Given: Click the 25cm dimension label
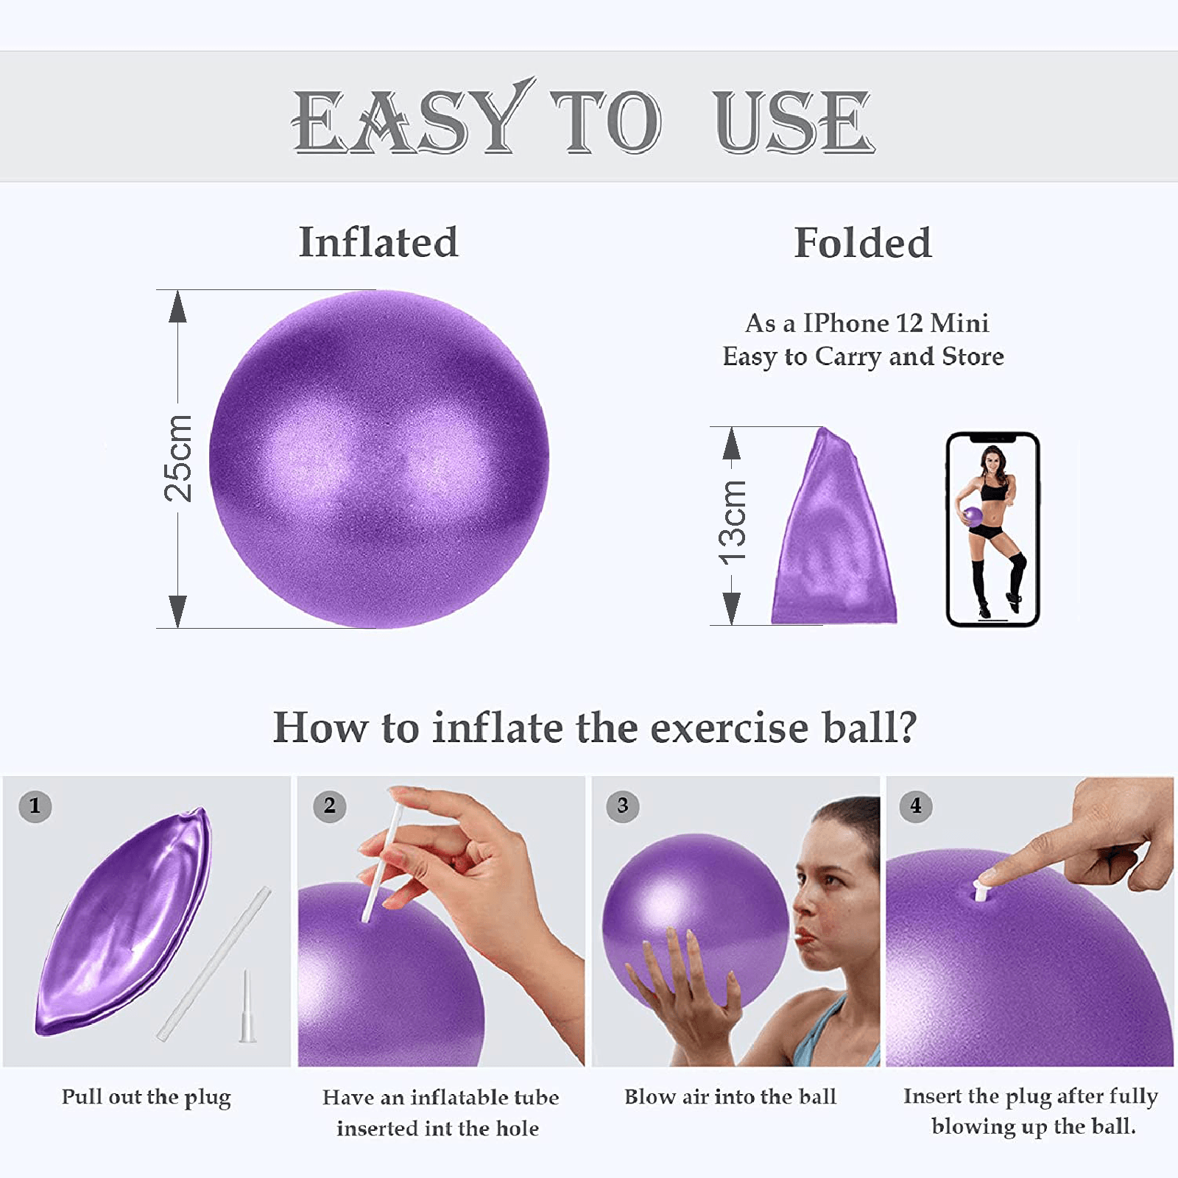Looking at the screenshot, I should [178, 459].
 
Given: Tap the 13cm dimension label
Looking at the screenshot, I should [733, 523].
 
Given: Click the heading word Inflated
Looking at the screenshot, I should [378, 242].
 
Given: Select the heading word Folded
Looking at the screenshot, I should [863, 243].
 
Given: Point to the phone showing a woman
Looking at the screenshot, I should [992, 529].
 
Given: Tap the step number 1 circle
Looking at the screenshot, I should [35, 805].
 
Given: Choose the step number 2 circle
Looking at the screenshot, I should [329, 805].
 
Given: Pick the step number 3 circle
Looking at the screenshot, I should [623, 805].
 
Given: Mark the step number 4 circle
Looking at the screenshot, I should [916, 805].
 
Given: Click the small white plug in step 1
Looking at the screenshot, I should [247, 1009].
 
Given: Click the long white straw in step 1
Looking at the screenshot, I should [214, 964].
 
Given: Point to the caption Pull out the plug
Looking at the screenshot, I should [146, 1097].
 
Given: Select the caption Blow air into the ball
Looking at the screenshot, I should [730, 1097].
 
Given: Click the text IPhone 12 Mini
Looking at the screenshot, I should [895, 323].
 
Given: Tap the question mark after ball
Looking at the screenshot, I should [909, 727].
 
